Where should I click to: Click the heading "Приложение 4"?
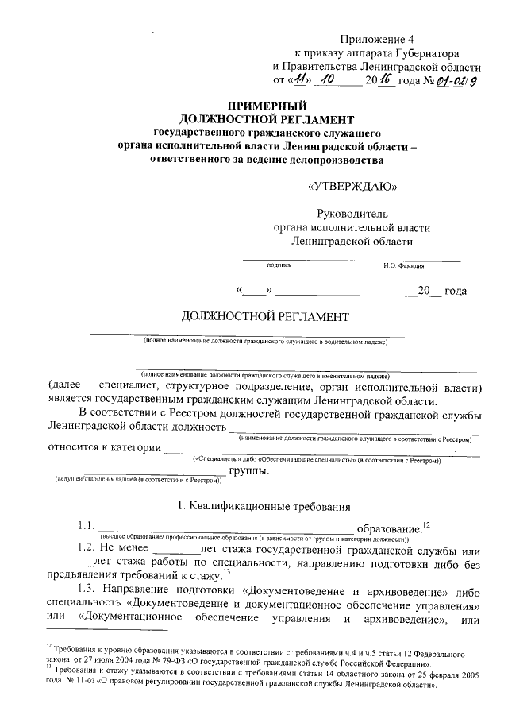pos(377,38)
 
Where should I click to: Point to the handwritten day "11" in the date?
pos(297,80)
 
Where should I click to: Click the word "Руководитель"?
pos(352,214)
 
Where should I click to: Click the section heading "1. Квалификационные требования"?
pos(264,506)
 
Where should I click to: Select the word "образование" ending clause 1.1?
pos(389,528)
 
